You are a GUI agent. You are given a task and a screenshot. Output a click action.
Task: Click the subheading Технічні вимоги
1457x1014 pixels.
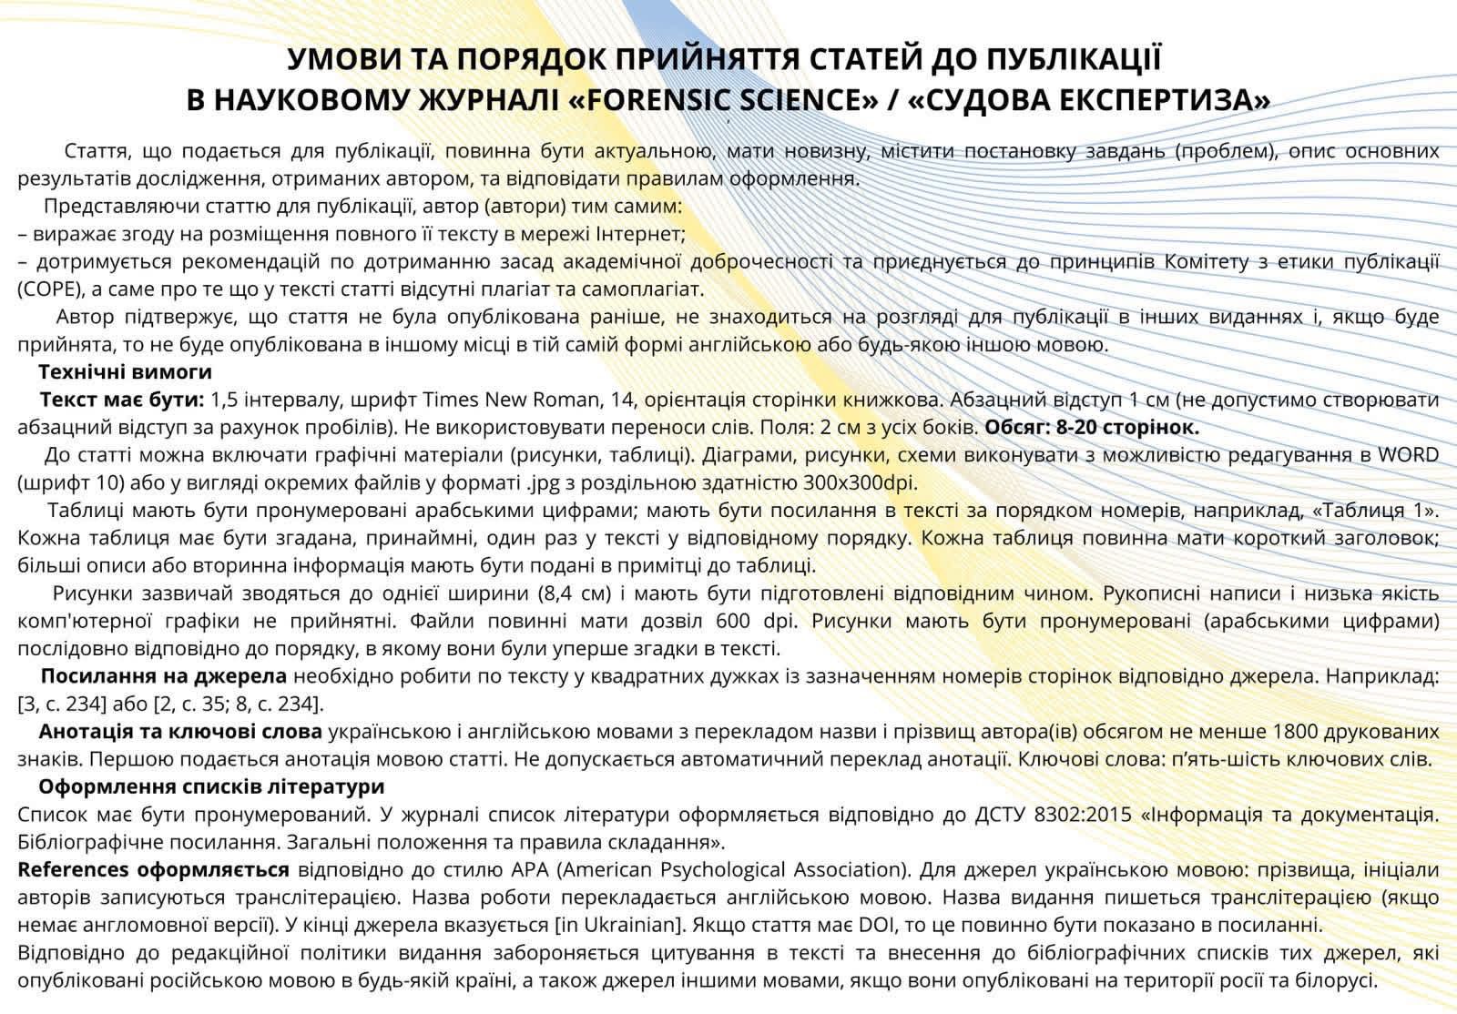(125, 371)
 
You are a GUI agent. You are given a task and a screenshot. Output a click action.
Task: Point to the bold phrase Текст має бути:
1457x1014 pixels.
(122, 400)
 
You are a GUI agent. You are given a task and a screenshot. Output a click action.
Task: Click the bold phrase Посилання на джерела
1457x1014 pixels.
(164, 676)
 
